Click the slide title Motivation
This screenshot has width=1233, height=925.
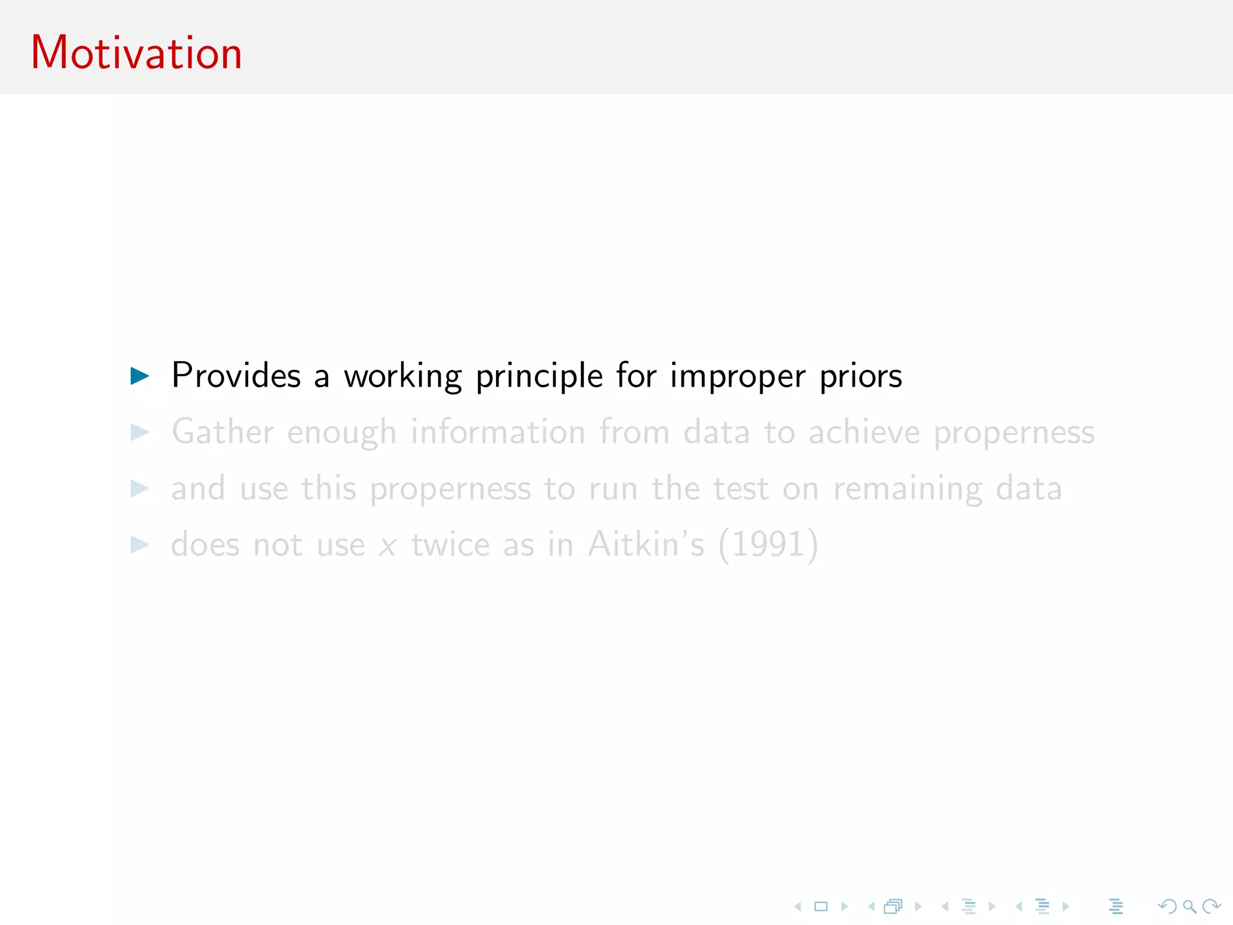click(x=136, y=53)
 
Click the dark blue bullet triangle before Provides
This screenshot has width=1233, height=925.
click(x=140, y=376)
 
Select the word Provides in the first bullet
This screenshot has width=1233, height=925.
click(x=236, y=376)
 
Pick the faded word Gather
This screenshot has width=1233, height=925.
click(x=223, y=432)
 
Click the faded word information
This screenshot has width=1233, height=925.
click(x=498, y=432)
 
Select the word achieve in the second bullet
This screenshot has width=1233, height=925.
click(x=864, y=432)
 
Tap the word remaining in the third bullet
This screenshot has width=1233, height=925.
click(x=907, y=489)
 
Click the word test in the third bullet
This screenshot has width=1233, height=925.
click(x=741, y=488)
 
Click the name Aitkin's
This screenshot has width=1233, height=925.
click(x=645, y=544)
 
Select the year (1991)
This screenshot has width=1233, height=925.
click(x=768, y=545)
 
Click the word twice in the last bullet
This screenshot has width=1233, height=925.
click(x=450, y=544)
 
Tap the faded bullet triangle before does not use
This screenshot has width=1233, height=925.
click(x=140, y=545)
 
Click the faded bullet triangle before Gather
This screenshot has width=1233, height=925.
click(x=140, y=432)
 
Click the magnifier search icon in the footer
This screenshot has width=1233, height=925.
click(x=1189, y=906)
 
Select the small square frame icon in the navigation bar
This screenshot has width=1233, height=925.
click(x=821, y=906)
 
